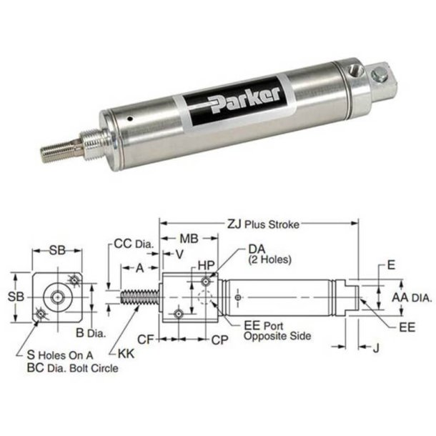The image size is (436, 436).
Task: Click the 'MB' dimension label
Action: click(188, 237)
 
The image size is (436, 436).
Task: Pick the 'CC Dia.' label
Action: click(134, 244)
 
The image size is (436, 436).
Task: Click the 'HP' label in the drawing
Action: click(206, 265)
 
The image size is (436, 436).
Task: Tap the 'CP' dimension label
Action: click(221, 340)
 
